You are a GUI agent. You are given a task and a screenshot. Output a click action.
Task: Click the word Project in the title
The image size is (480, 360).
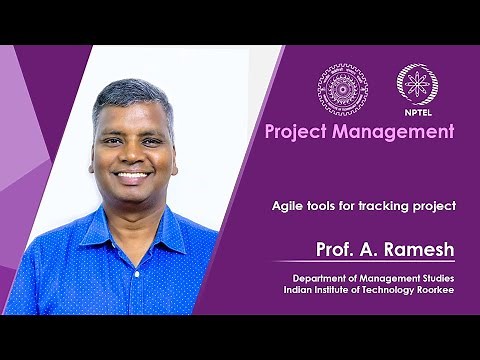point(297,131)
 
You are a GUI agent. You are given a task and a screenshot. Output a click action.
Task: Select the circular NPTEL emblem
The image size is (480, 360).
point(416,85)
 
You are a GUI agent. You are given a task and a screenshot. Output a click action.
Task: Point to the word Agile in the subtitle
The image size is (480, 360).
point(288,206)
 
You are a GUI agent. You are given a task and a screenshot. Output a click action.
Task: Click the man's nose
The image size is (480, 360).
point(133,156)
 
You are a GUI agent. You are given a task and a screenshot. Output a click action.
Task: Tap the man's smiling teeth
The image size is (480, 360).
point(133,174)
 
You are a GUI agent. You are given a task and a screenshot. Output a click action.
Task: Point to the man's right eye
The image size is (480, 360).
point(114,141)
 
